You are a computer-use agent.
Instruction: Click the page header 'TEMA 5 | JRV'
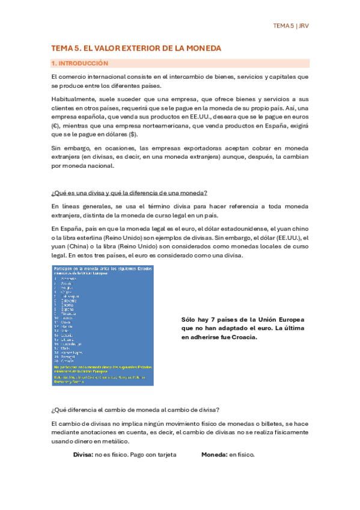point(290,26)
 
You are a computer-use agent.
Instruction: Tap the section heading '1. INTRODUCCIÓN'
point(80,63)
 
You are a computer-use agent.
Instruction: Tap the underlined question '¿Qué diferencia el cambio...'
point(135,410)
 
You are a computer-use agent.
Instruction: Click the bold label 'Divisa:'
point(83,455)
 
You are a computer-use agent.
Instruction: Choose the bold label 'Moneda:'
point(214,455)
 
